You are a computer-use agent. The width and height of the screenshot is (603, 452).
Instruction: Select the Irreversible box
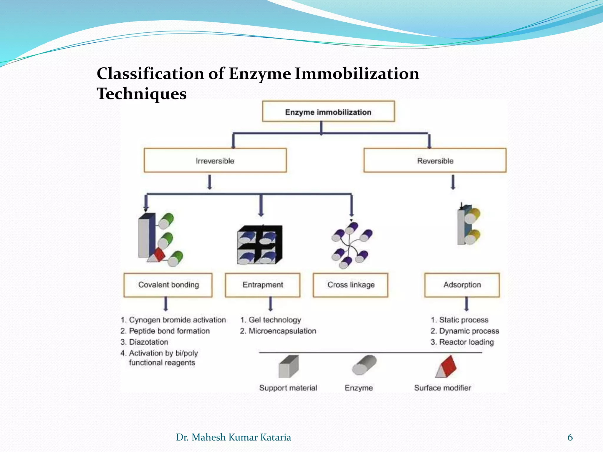215,161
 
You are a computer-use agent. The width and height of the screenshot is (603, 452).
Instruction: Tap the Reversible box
435,161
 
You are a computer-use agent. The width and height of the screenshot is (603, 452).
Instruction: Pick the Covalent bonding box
168,285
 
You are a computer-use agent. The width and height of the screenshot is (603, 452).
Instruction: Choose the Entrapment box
263,285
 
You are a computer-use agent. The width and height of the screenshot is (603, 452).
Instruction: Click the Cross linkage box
351,285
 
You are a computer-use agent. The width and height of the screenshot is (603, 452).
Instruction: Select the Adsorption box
462,285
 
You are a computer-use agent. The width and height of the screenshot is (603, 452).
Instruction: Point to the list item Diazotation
148,342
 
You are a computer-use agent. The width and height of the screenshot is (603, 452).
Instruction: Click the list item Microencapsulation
282,331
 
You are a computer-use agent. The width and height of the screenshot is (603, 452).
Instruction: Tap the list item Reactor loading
466,342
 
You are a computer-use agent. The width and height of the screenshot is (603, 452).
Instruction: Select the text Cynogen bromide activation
177,320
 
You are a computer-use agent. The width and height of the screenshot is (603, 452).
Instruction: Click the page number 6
570,437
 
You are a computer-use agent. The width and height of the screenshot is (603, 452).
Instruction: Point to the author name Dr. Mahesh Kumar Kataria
233,437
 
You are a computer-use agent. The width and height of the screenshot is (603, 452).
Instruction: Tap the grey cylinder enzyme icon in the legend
364,365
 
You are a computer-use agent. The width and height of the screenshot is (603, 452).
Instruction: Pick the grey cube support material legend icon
289,367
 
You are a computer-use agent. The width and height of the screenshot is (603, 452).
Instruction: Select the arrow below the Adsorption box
466,304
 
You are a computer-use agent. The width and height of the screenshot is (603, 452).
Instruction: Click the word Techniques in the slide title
142,94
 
